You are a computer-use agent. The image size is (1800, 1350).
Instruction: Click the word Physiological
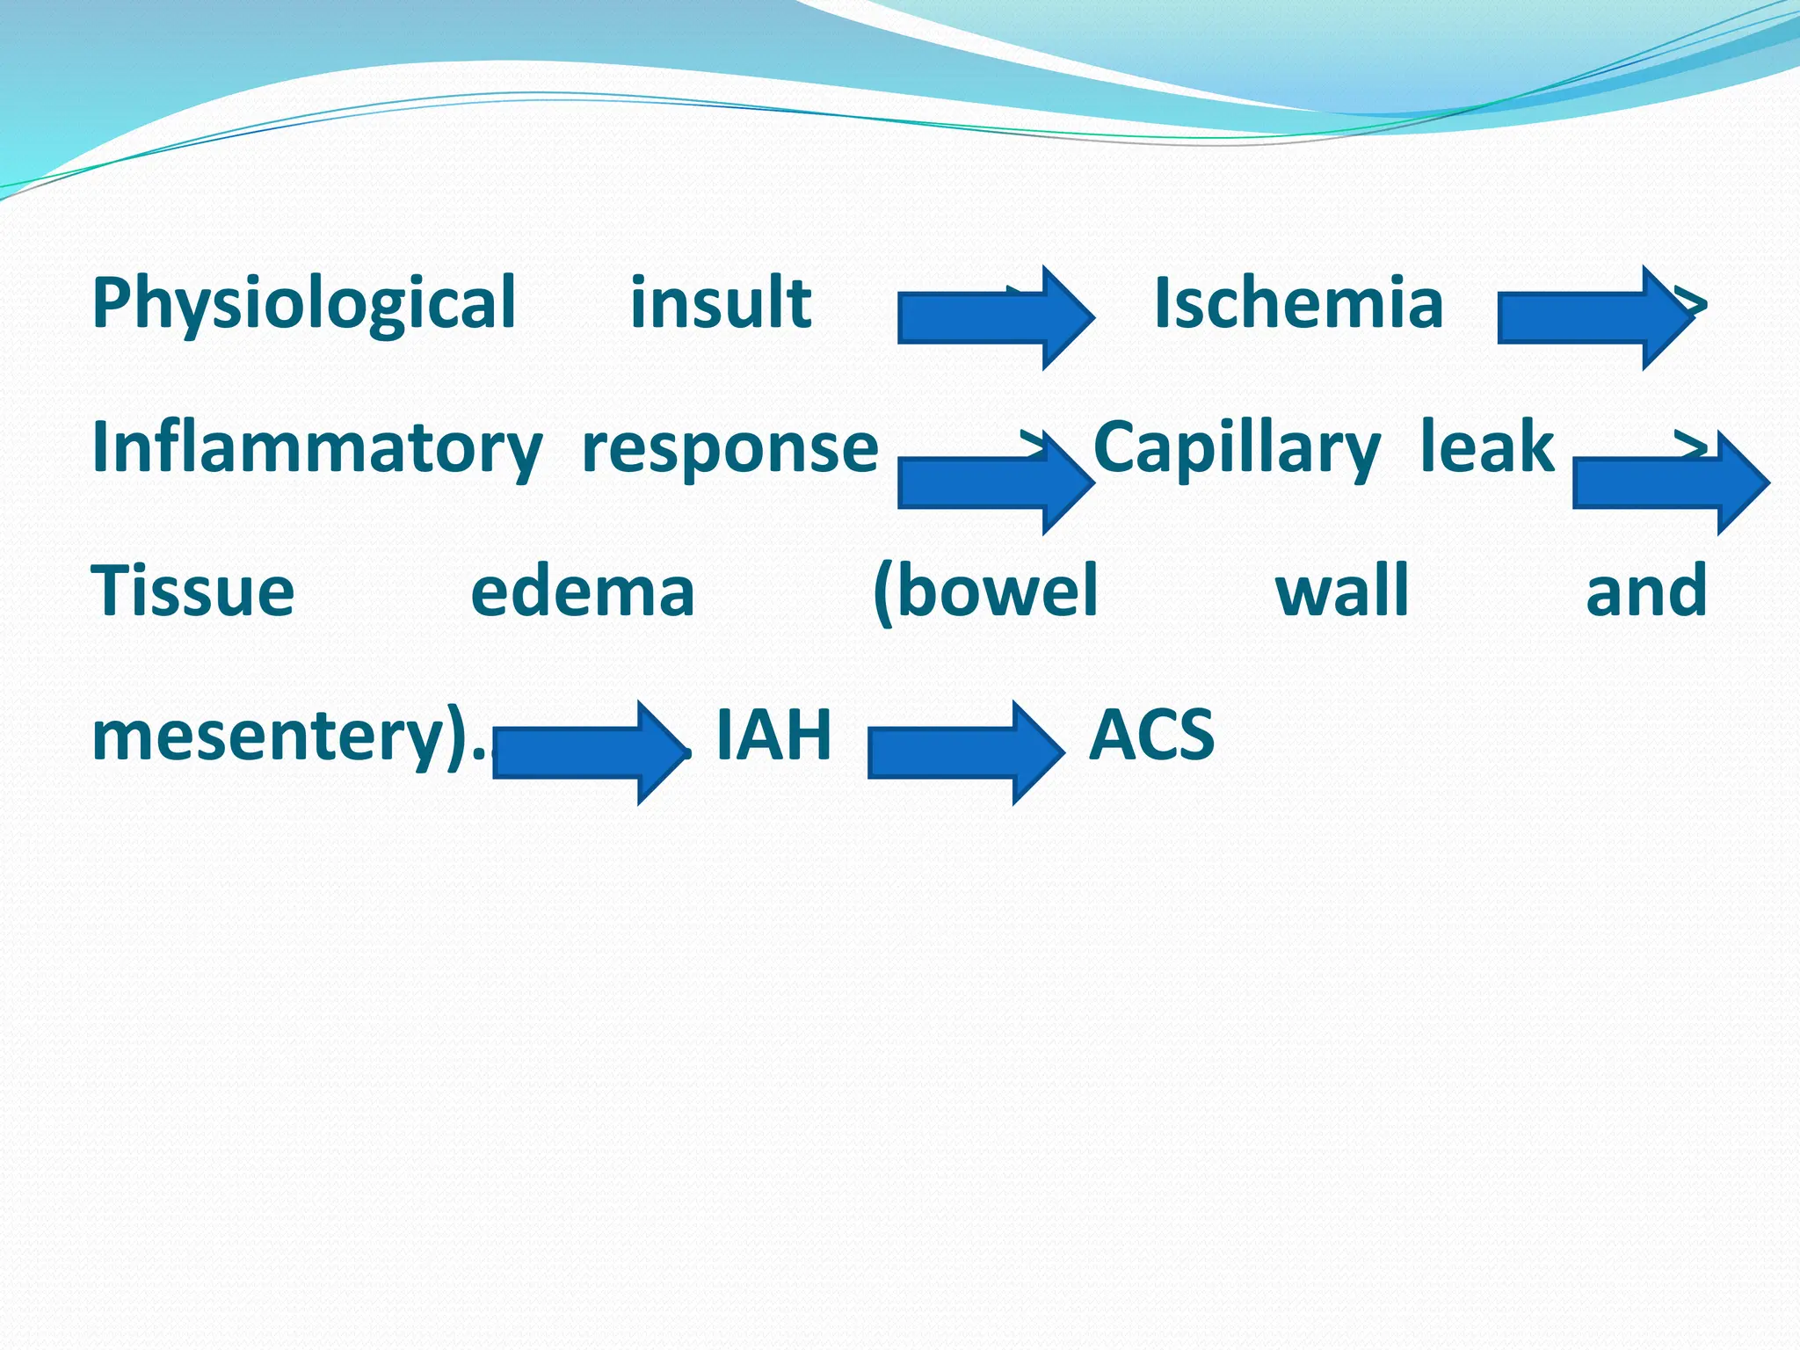click(303, 303)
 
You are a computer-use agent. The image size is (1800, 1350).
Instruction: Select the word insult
click(721, 303)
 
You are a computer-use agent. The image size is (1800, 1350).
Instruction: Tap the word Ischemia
click(1298, 303)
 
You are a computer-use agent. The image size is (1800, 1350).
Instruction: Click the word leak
click(1487, 446)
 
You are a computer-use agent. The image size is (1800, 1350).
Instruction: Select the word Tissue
click(192, 592)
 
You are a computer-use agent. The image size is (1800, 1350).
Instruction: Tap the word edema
click(583, 592)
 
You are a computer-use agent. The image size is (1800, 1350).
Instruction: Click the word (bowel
click(985, 592)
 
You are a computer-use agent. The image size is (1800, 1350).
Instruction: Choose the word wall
click(1342, 592)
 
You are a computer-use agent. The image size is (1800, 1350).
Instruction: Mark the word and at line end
click(1646, 592)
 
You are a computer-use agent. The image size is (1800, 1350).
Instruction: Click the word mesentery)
click(281, 737)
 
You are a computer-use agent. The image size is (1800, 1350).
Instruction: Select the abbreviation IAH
click(773, 735)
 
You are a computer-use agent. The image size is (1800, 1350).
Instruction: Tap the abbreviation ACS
click(1151, 735)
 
